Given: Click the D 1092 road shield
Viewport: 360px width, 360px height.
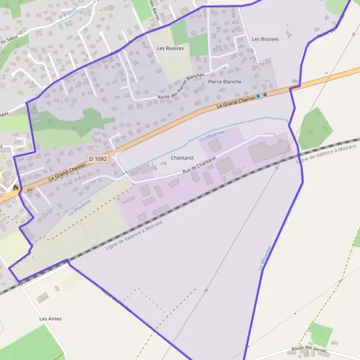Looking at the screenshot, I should tap(100, 158).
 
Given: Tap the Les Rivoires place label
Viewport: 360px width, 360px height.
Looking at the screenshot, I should tap(170, 48).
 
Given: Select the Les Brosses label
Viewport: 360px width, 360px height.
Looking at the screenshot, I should tap(265, 39).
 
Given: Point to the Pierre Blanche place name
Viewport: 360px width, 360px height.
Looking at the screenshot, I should tap(224, 82).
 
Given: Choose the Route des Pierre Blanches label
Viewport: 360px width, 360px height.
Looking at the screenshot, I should tap(181, 87).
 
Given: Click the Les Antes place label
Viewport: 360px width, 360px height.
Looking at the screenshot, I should tap(50, 319).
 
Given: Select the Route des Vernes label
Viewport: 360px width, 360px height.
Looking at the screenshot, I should tap(308, 348).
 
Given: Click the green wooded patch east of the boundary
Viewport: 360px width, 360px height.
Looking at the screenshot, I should tap(315, 127).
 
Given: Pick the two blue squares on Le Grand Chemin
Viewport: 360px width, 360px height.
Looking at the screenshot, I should tap(261, 95).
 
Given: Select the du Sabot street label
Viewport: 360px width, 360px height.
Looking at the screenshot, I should tap(8, 40).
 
